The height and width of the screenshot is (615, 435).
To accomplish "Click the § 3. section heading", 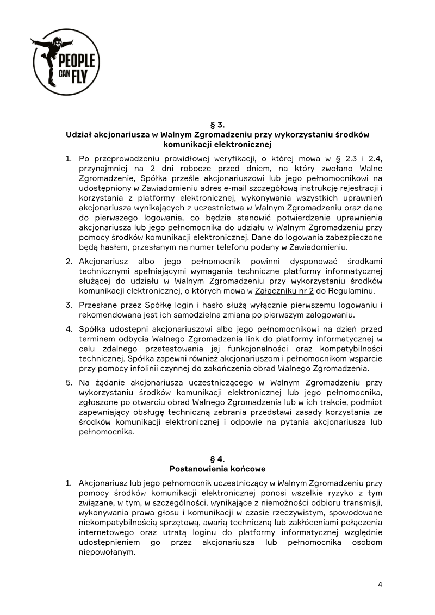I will [217, 125].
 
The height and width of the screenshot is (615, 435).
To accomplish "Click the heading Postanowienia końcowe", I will [217, 469].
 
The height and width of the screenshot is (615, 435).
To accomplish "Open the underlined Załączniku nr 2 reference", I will [291, 290].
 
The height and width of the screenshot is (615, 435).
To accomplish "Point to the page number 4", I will [380, 585].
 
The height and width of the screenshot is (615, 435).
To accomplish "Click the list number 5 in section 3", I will [69, 382].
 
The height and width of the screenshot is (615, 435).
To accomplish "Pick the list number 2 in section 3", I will [69, 261].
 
